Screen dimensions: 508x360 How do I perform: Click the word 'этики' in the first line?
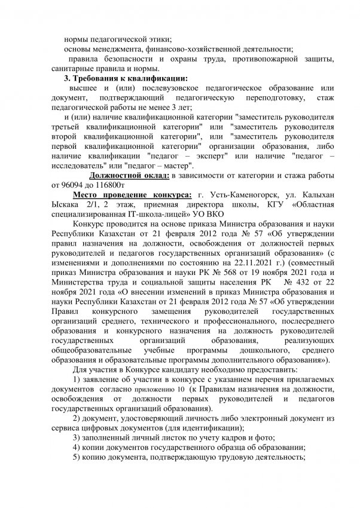coord(158,37)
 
